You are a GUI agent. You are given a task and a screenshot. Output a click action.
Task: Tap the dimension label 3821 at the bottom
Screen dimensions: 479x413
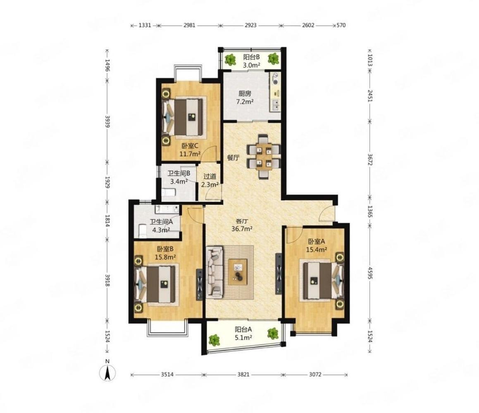pos(243,375)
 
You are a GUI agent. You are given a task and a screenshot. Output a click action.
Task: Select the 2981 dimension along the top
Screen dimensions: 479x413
pos(189,25)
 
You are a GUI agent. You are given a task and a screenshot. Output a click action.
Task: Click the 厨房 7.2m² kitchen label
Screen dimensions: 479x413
pos(245,98)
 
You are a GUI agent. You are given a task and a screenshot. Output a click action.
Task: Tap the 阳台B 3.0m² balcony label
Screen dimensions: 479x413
pos(251,61)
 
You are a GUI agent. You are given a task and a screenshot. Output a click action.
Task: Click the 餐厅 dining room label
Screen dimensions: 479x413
pos(233,158)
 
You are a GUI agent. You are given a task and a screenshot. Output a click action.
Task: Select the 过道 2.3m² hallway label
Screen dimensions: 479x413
pos(210,180)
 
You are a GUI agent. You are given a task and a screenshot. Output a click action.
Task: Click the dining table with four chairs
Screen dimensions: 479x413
pos(264,157)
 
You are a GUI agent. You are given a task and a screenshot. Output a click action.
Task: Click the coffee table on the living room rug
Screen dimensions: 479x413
pos(238,272)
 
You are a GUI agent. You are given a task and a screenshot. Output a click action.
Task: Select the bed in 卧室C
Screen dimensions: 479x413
pos(183,117)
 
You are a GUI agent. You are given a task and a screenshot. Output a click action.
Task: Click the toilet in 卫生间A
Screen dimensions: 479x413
pos(143,231)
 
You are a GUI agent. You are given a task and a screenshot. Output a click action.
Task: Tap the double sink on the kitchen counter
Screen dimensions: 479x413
pos(276,105)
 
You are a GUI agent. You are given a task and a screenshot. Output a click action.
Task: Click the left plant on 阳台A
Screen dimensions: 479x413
pos(214,340)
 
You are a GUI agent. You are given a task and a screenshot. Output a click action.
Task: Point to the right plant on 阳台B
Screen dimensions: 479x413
pos(274,58)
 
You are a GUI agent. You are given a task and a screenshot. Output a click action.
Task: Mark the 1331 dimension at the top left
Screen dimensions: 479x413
pos(145,25)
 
